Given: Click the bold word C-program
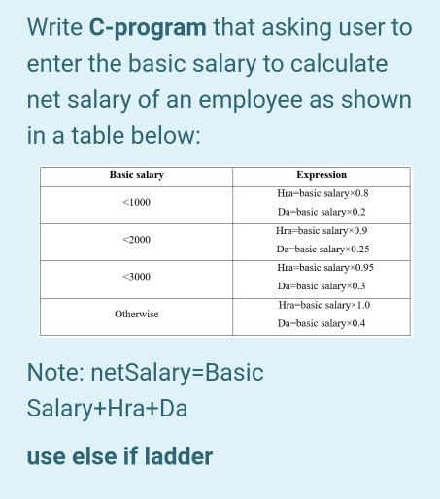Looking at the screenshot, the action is pyautogui.click(x=148, y=26).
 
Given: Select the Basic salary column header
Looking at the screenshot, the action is pyautogui.click(x=137, y=175).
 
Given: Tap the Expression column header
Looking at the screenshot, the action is pyautogui.click(x=322, y=175).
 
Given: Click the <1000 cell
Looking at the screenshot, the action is pyautogui.click(x=137, y=202).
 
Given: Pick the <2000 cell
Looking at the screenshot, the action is pyautogui.click(x=137, y=239).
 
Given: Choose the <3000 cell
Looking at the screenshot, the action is pyautogui.click(x=137, y=277).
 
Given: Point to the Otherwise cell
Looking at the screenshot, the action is pyautogui.click(x=137, y=314).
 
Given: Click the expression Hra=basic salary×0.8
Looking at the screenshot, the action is pyautogui.click(x=322, y=193).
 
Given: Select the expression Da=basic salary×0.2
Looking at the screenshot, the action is pyautogui.click(x=322, y=212).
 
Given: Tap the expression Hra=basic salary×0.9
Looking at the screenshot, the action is pyautogui.click(x=322, y=230).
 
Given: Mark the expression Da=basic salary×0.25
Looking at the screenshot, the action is pyautogui.click(x=322, y=249).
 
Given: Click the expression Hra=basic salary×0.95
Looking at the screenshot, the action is pyautogui.click(x=322, y=267).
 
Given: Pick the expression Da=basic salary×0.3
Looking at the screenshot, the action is pyautogui.click(x=322, y=286).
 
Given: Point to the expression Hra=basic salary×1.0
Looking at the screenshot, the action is pyautogui.click(x=322, y=305).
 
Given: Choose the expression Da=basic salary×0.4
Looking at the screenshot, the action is pyautogui.click(x=322, y=322).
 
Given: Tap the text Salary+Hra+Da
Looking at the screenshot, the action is pyautogui.click(x=107, y=409).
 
